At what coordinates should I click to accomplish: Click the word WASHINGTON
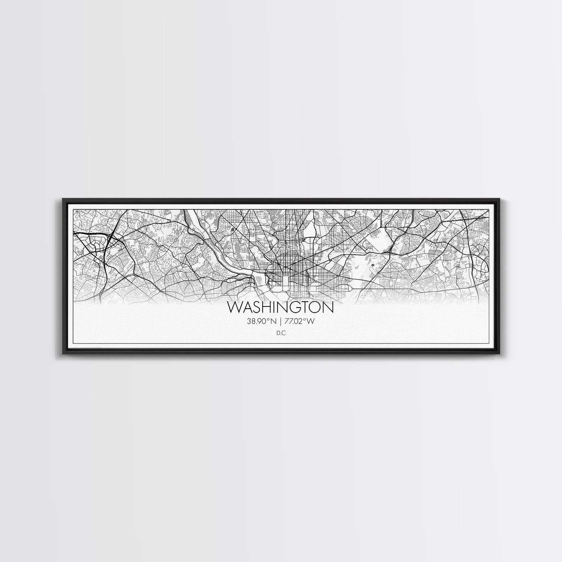click(x=280, y=308)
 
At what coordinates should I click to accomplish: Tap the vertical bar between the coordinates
click(x=281, y=321)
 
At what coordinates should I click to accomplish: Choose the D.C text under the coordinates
click(x=280, y=332)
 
